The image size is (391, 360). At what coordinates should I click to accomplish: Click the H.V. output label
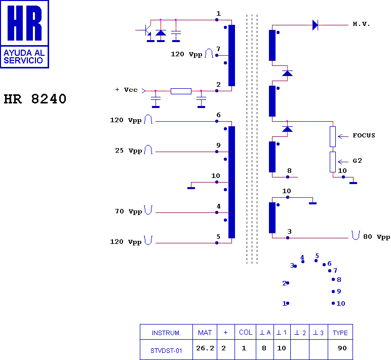tap(361, 24)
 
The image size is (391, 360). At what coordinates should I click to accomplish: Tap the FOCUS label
tap(364, 135)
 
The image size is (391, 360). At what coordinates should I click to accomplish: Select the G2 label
tap(358, 161)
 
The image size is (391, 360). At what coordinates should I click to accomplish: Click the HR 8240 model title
tap(35, 99)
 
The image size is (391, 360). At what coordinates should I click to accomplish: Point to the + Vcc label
tap(127, 90)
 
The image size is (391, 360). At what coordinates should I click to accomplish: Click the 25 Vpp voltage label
tap(129, 151)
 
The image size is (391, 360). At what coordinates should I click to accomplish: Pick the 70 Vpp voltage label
tap(129, 212)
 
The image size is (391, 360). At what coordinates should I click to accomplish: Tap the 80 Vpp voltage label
tap(376, 237)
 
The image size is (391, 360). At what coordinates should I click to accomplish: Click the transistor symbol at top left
tap(146, 31)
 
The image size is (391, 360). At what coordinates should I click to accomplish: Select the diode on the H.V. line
tap(316, 25)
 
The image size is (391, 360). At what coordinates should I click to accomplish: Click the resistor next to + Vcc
tap(181, 91)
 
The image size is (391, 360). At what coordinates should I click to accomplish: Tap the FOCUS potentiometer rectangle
tap(333, 136)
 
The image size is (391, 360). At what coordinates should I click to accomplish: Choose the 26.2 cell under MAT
tap(205, 348)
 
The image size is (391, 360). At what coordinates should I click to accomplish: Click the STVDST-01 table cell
tap(166, 351)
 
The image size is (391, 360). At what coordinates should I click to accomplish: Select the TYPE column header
tap(340, 333)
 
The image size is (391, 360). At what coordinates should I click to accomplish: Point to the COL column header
tap(246, 332)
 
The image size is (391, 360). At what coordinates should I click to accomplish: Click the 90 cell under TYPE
tap(342, 348)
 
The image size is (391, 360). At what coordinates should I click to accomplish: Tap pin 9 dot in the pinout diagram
tap(333, 292)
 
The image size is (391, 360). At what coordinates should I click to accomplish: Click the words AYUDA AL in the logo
tap(24, 53)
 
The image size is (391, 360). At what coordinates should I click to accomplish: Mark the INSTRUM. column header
tap(166, 333)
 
